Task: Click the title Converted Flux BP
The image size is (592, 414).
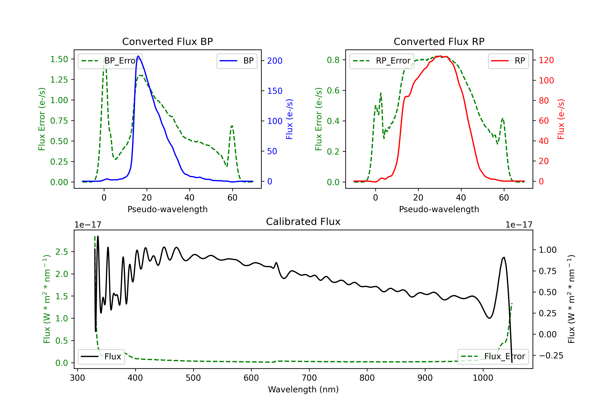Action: click(x=167, y=41)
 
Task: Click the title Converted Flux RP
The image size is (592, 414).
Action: click(x=439, y=41)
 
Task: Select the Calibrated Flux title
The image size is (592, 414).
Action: click(x=303, y=222)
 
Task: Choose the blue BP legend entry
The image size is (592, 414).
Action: click(x=237, y=61)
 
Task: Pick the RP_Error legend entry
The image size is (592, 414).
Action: click(x=382, y=61)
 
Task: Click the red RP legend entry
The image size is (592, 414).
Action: click(x=508, y=61)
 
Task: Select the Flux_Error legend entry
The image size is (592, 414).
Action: click(x=493, y=357)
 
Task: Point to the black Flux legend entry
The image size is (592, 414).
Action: click(x=101, y=357)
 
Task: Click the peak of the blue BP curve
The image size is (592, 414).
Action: click(x=138, y=56)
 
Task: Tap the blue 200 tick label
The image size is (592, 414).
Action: click(x=275, y=61)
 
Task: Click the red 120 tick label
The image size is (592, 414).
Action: click(x=546, y=60)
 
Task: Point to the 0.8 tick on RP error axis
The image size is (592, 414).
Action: click(x=333, y=60)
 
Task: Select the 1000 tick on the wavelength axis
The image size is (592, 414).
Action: click(x=483, y=378)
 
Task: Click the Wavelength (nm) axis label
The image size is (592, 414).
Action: click(x=303, y=389)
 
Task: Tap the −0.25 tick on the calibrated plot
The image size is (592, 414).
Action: click(x=551, y=355)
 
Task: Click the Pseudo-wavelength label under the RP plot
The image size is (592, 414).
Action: click(x=439, y=209)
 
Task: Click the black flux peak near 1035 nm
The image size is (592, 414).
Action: click(x=504, y=257)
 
